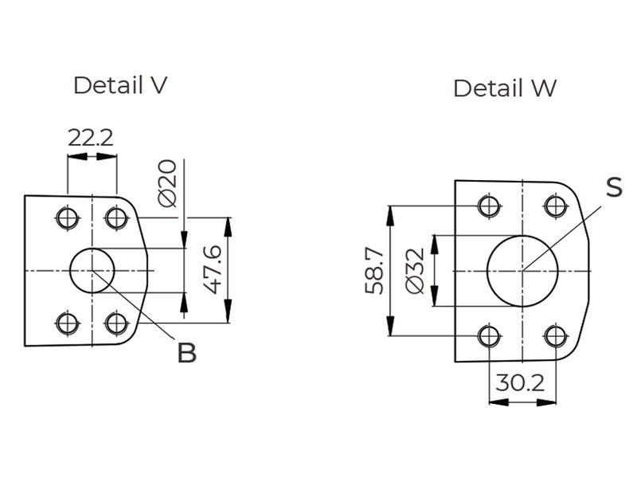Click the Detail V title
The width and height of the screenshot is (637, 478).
[x=120, y=85]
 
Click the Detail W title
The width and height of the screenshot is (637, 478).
[x=505, y=88]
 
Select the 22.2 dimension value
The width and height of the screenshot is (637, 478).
[x=91, y=137]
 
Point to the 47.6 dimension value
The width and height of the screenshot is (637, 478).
[x=211, y=270]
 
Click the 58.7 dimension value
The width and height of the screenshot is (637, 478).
[x=374, y=271]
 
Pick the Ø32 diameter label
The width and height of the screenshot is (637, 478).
[x=414, y=272]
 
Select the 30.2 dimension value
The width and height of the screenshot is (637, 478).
[x=519, y=383]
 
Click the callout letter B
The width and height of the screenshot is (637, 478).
[x=186, y=353]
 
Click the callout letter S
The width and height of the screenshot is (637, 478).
[x=613, y=187]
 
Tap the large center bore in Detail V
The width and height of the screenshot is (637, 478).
[x=92, y=271]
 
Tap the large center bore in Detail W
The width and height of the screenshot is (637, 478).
[x=522, y=271]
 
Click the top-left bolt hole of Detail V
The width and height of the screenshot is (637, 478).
[x=67, y=217]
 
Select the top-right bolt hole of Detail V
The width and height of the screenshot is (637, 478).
[x=116, y=217]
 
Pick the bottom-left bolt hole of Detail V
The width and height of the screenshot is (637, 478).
[x=67, y=323]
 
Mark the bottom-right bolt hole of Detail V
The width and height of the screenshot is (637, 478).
[x=116, y=323]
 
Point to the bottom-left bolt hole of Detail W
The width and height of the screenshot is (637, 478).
[x=489, y=335]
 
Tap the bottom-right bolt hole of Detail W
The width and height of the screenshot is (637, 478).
[x=555, y=335]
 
